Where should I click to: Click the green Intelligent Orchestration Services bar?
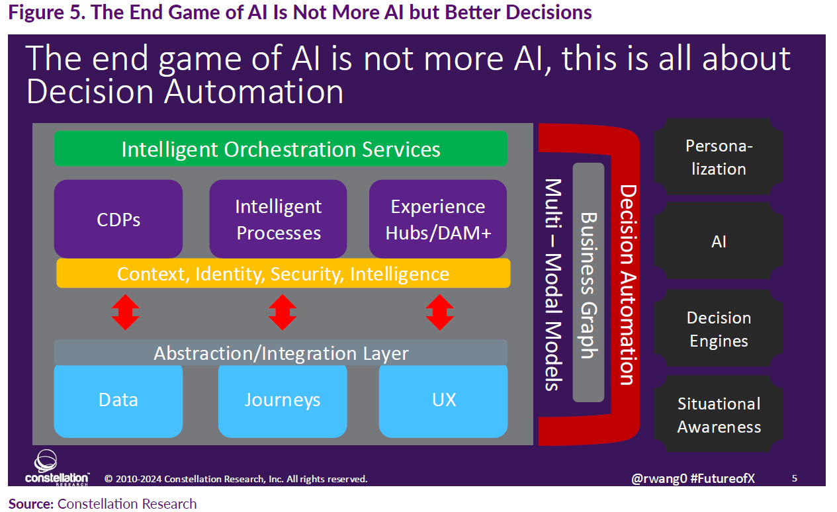(281, 149)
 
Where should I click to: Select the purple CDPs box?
(118, 219)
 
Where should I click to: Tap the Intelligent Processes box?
(279, 219)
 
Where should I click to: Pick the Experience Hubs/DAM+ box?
(438, 219)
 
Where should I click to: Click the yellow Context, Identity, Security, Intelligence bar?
(283, 273)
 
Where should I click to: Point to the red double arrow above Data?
(125, 312)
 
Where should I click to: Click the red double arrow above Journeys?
(283, 312)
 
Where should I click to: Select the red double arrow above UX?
(439, 312)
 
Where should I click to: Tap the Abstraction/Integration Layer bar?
(281, 353)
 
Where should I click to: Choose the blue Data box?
(118, 400)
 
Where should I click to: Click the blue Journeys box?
(283, 400)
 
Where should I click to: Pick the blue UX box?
(443, 400)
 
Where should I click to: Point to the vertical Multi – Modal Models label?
(553, 284)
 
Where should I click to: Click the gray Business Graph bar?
(588, 283)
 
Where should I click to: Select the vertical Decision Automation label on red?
(626, 284)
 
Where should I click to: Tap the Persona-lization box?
(719, 157)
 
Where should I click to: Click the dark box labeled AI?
(719, 242)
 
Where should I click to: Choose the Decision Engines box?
(719, 329)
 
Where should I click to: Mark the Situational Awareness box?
(719, 415)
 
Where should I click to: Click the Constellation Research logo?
(56, 468)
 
